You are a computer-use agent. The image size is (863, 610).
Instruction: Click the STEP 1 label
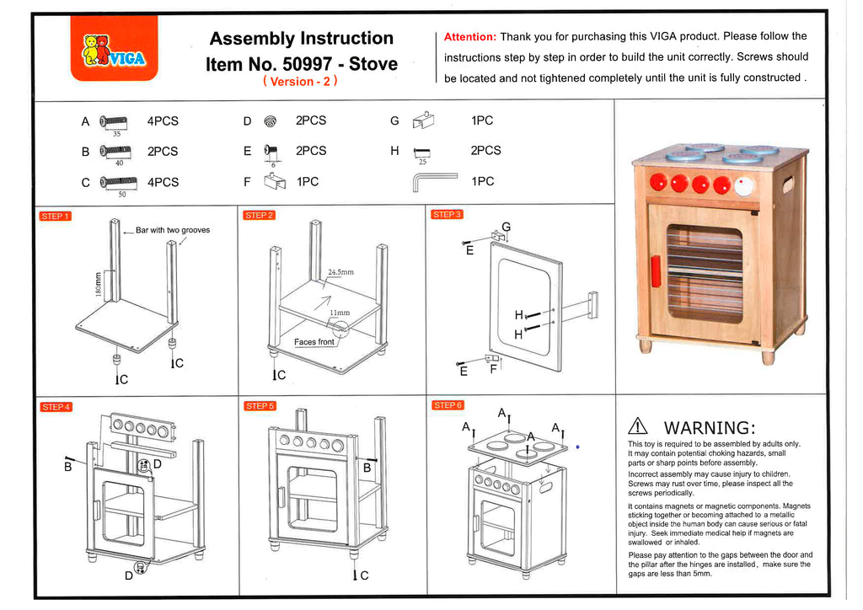pos(55,217)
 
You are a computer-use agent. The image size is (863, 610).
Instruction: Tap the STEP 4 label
pos(56,407)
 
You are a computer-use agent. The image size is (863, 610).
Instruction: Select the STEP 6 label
pos(447,405)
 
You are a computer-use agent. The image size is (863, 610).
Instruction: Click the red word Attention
pos(469,37)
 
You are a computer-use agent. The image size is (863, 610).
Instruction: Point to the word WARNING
pos(710,427)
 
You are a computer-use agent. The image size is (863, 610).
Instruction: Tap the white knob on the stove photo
pos(744,185)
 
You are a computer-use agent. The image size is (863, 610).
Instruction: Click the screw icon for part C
pos(118,181)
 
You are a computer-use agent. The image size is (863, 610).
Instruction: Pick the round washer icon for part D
pos(270,121)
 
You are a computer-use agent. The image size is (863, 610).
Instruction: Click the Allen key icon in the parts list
pos(434,181)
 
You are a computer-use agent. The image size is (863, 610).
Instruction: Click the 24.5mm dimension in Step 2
pos(342,273)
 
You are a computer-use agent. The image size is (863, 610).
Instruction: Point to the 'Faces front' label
pos(314,342)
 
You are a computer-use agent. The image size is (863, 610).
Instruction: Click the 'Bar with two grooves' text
pos(173,230)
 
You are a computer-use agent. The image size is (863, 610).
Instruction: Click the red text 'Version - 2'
pos(301,82)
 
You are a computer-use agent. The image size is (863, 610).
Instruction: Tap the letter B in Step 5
pos(367,467)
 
